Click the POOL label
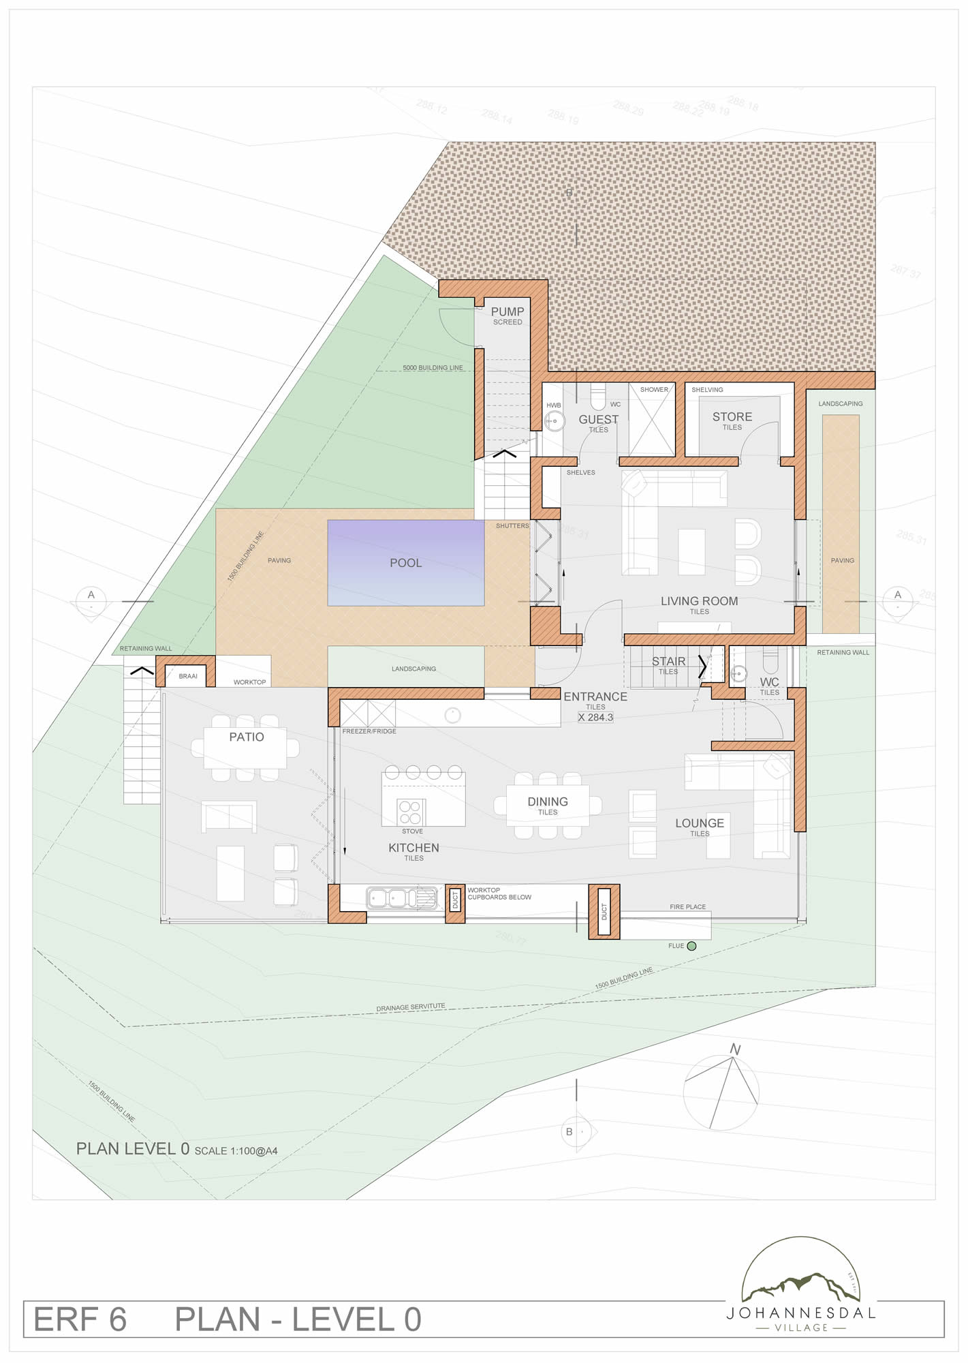tap(405, 563)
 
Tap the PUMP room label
tap(508, 312)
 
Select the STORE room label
tap(732, 417)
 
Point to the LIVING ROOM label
tap(699, 601)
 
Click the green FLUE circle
tap(691, 946)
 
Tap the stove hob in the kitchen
tap(410, 812)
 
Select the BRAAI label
tap(188, 677)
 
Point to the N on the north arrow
tap(735, 1050)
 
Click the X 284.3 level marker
tap(595, 718)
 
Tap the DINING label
tap(548, 802)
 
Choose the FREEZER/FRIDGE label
tap(369, 731)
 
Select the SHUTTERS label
tap(512, 526)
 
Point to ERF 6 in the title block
tap(80, 1320)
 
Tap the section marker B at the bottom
tap(569, 1132)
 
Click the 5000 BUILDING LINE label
tap(433, 368)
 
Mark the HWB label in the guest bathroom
tap(554, 405)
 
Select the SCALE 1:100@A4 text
tap(236, 1151)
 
